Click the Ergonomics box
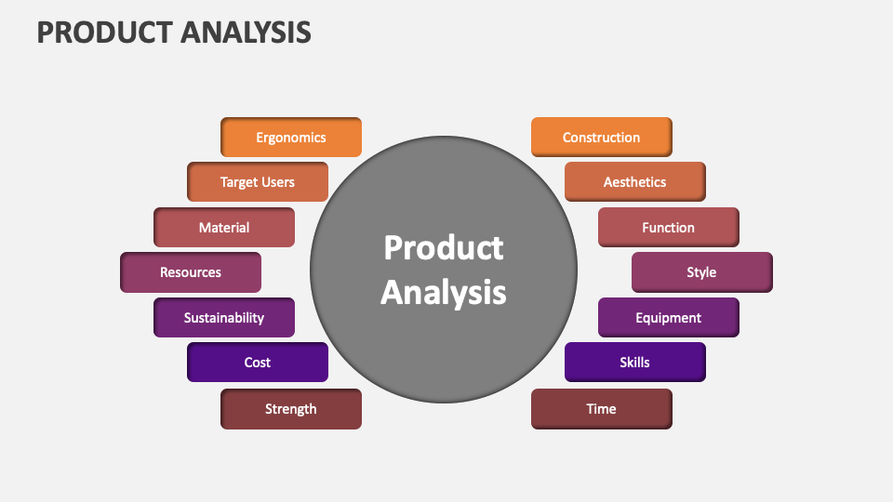[x=291, y=138]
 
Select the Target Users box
[x=258, y=182]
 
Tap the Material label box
[x=224, y=228]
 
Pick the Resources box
[x=191, y=272]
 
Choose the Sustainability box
[x=224, y=318]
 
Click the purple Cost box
[x=258, y=363]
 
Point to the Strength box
[x=291, y=409]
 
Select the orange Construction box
[x=601, y=138]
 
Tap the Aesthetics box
[x=634, y=182]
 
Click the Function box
[x=668, y=228]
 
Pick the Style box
[x=701, y=272]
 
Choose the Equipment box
[x=668, y=318]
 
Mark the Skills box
[x=634, y=363]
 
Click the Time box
[x=601, y=409]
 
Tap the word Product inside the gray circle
[x=444, y=248]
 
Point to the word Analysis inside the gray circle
[x=444, y=292]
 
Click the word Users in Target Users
[x=278, y=182]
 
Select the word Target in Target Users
[x=239, y=182]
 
